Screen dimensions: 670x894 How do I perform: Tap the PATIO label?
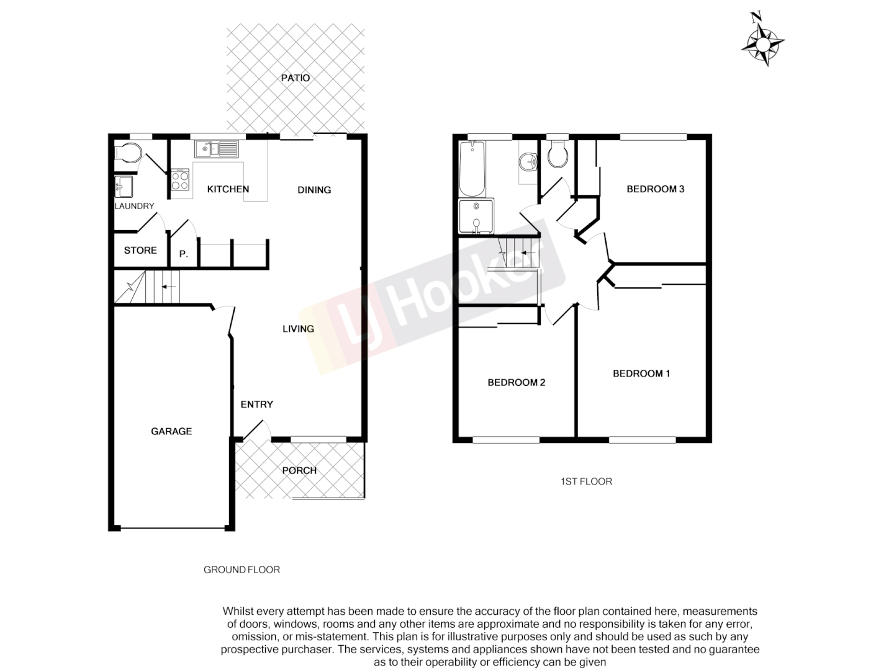click(x=296, y=78)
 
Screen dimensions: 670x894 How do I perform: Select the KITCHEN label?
click(x=228, y=189)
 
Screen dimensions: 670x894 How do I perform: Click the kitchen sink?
click(x=217, y=149)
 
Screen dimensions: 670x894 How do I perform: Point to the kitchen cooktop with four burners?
click(x=180, y=180)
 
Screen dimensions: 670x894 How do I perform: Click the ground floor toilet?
click(x=129, y=152)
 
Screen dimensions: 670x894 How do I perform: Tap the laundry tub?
click(x=123, y=185)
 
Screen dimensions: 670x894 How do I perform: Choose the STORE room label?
click(x=140, y=250)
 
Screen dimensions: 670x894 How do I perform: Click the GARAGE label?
click(x=171, y=431)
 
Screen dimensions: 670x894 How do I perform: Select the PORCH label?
click(x=299, y=470)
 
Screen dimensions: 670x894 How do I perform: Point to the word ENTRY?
click(x=256, y=404)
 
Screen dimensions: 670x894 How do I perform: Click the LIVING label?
click(x=298, y=329)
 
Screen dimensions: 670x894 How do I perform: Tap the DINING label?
click(x=314, y=190)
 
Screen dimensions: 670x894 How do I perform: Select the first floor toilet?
click(x=558, y=155)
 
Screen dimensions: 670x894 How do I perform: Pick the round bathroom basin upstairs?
click(x=528, y=162)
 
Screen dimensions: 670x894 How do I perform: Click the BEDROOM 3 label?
click(x=655, y=189)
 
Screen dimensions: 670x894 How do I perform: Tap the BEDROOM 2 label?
click(x=516, y=382)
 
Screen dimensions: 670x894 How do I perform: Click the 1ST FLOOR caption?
click(x=586, y=481)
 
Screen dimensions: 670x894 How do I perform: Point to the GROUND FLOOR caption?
click(x=242, y=569)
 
